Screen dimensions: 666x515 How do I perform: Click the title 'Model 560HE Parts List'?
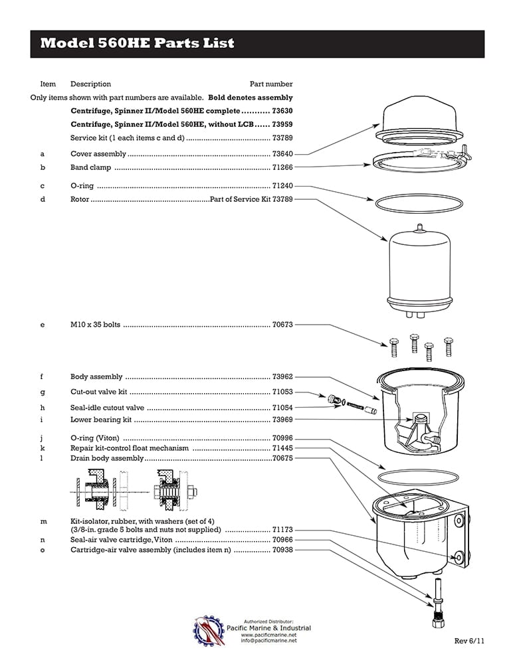[138, 44]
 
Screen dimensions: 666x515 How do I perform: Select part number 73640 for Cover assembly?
[282, 154]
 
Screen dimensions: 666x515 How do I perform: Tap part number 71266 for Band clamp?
[282, 167]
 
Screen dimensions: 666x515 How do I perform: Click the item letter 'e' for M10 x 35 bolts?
[43, 325]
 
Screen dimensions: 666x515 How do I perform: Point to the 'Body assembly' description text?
[96, 377]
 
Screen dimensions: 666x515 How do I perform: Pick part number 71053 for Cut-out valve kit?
[282, 392]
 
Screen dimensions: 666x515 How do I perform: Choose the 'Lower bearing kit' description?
[101, 420]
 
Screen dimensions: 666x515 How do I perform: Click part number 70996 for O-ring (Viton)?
[282, 438]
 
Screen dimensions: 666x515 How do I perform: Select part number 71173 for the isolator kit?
[282, 530]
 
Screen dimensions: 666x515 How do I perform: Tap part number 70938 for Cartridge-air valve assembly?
[282, 550]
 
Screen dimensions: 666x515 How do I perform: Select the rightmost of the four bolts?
[449, 346]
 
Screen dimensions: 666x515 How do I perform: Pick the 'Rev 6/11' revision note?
[470, 641]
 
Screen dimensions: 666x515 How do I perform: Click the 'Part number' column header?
[271, 84]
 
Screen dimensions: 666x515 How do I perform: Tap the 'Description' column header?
[90, 84]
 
